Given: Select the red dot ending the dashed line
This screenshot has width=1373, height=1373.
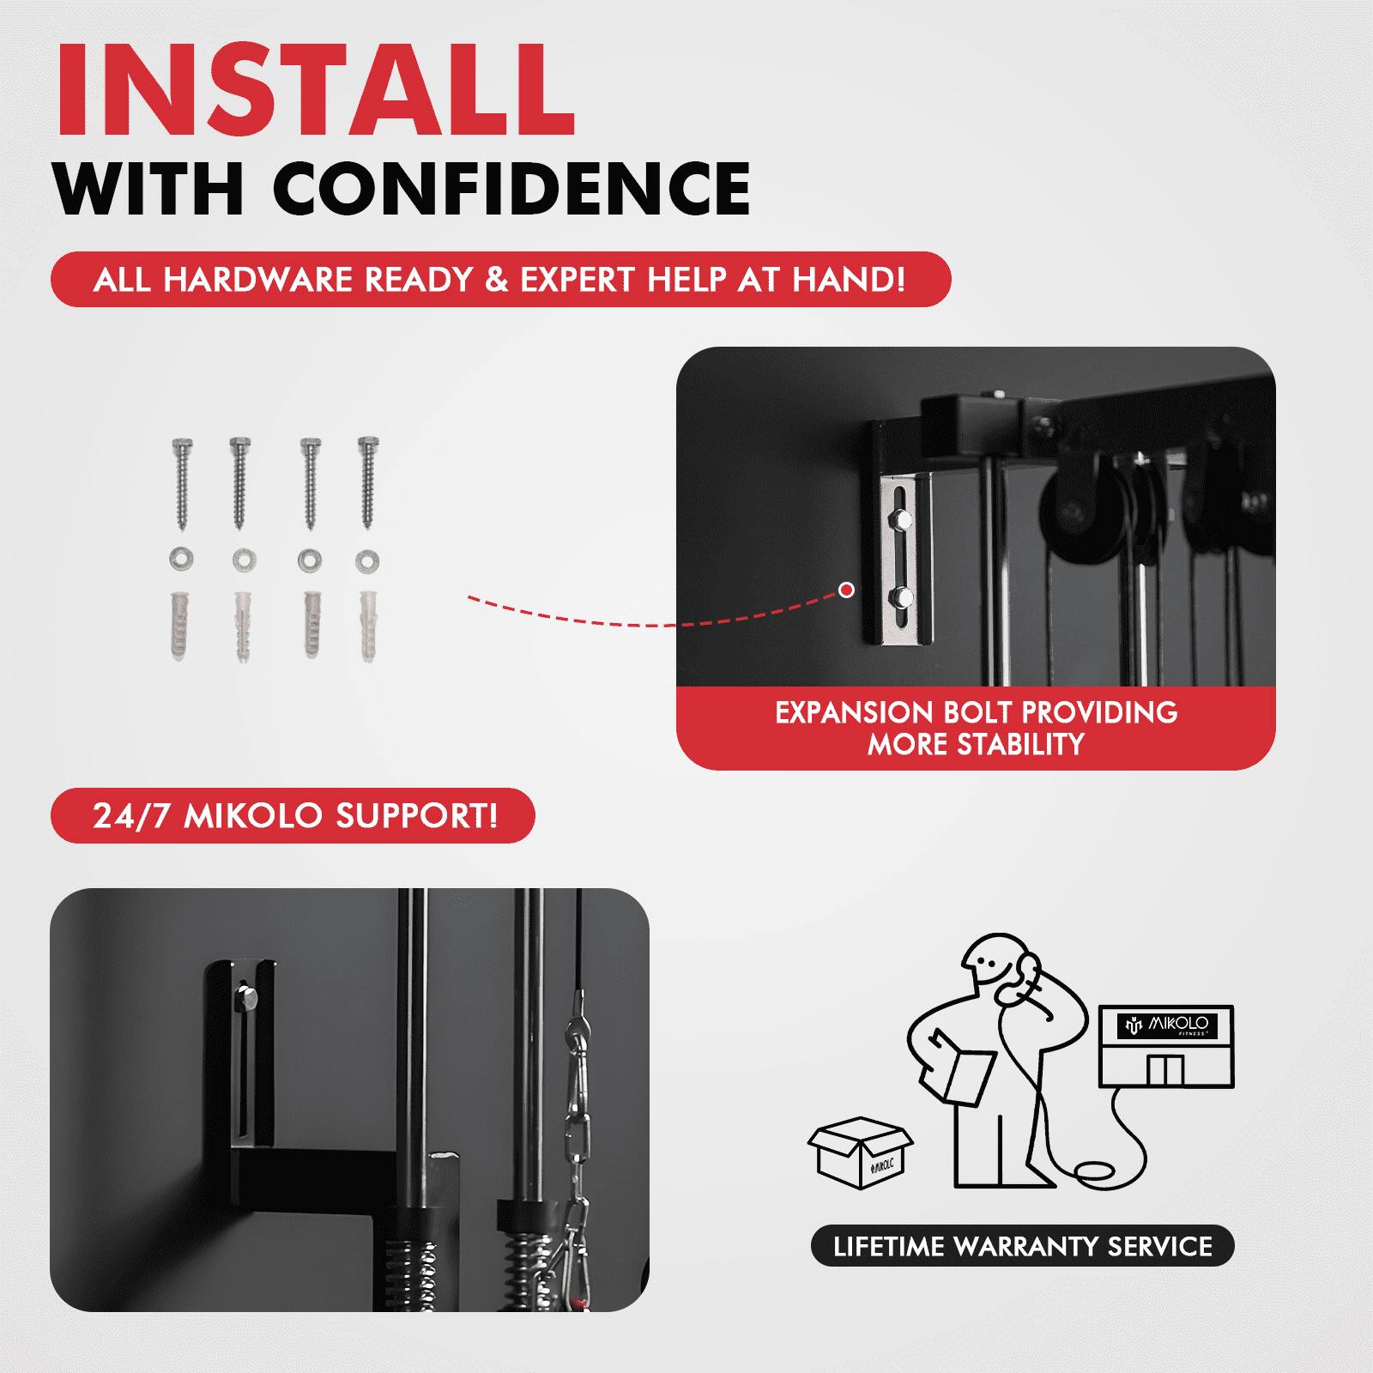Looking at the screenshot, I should click(847, 590).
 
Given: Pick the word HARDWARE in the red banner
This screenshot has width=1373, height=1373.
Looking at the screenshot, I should click(257, 280).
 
